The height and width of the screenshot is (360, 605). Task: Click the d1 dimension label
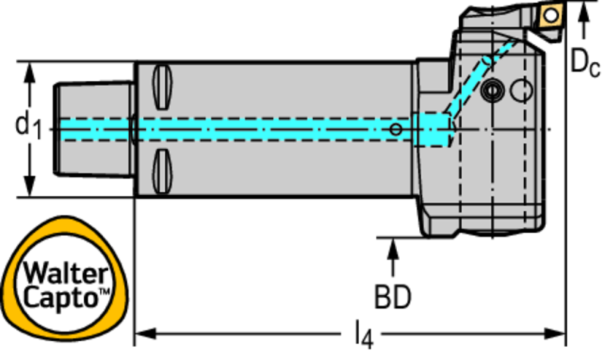(x=28, y=127)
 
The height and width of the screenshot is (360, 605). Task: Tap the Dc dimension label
(x=585, y=63)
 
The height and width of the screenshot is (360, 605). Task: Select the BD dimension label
(x=392, y=296)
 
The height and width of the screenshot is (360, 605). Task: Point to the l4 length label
(x=365, y=336)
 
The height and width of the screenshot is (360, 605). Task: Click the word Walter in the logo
(x=66, y=274)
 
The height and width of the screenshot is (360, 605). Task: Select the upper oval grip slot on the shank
(x=162, y=87)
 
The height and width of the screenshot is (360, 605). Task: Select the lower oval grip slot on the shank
(x=162, y=172)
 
